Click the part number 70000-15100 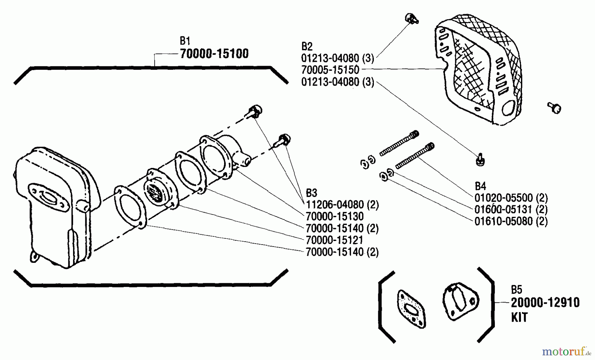point(214,54)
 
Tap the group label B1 point(185,41)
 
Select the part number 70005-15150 point(330,70)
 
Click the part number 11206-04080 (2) point(342,205)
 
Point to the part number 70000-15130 point(335,217)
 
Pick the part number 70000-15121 point(335,240)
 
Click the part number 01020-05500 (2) point(511,198)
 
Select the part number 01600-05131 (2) point(511,210)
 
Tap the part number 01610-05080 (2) point(511,221)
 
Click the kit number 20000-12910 point(545,303)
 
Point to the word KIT point(519,317)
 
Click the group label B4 point(480,186)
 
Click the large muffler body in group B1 point(53,205)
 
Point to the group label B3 point(311,193)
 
